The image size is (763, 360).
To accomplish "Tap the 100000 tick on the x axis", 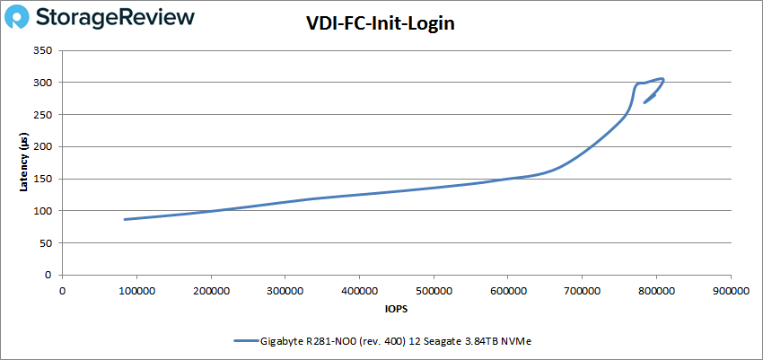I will [136, 291].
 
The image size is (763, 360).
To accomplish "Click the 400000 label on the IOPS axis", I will [359, 291].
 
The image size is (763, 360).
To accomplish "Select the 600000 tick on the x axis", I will [507, 291].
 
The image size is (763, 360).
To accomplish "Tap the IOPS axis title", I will [396, 309].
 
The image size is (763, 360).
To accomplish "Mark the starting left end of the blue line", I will [125, 219].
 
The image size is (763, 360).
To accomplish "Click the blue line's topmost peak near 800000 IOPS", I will [662, 79].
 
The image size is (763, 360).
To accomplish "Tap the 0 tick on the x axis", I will [62, 291].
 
